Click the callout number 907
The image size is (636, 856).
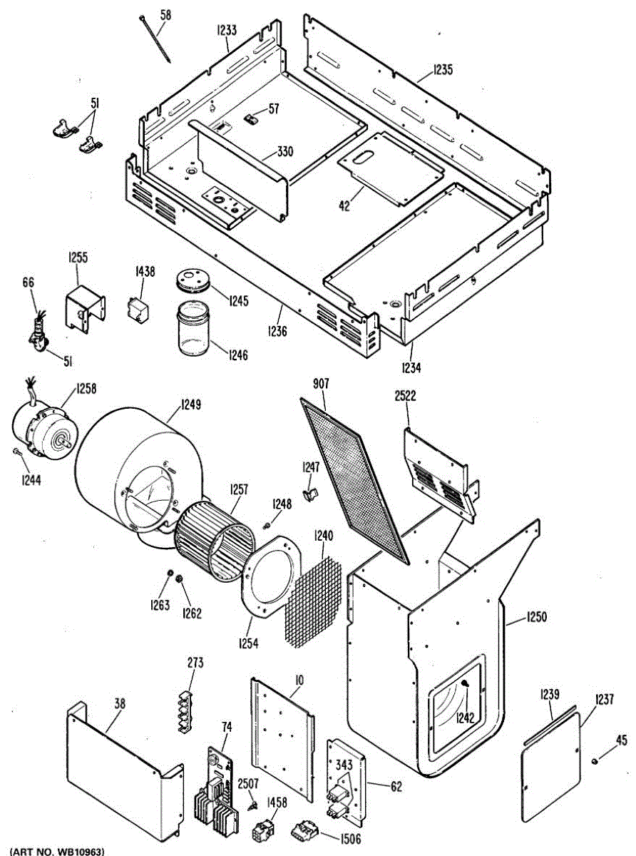coord(322,384)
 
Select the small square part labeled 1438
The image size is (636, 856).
coord(138,308)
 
